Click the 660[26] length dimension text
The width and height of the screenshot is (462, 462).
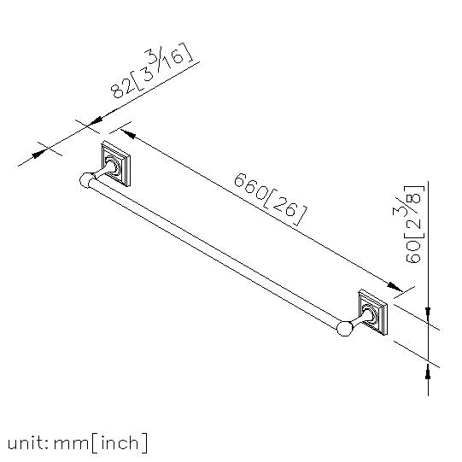pos(270,199)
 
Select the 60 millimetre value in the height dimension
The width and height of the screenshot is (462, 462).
pos(413,251)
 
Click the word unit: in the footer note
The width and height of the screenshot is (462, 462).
pos(27,443)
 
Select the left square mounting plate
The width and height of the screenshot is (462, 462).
pos(116,164)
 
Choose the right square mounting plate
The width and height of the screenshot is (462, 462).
pos(372,313)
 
